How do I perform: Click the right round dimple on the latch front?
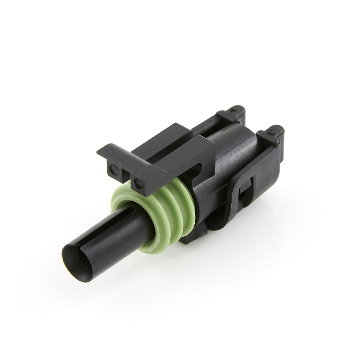pos(138,173)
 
